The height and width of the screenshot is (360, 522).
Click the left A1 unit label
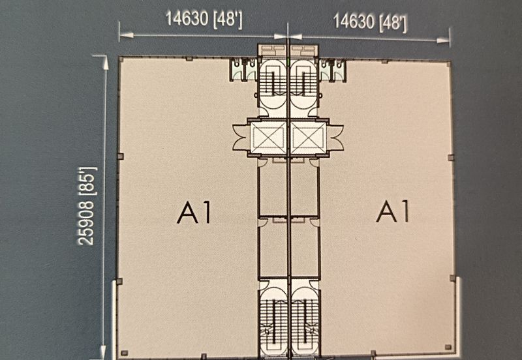pyautogui.click(x=194, y=213)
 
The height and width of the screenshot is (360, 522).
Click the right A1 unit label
pyautogui.click(x=393, y=212)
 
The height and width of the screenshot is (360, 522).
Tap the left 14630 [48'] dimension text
pyautogui.click(x=204, y=18)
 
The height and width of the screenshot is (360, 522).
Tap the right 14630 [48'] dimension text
pyautogui.click(x=370, y=23)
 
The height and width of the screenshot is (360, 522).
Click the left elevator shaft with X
pyautogui.click(x=268, y=138)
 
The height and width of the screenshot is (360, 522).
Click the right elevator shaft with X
pyautogui.click(x=307, y=138)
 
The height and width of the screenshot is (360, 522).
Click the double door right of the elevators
pyautogui.click(x=335, y=138)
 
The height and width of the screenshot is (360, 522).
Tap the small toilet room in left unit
pyautogui.click(x=244, y=69)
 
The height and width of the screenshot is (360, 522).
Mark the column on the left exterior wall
pyautogui.click(x=120, y=157)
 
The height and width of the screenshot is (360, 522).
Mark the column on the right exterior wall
pyautogui.click(x=451, y=157)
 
